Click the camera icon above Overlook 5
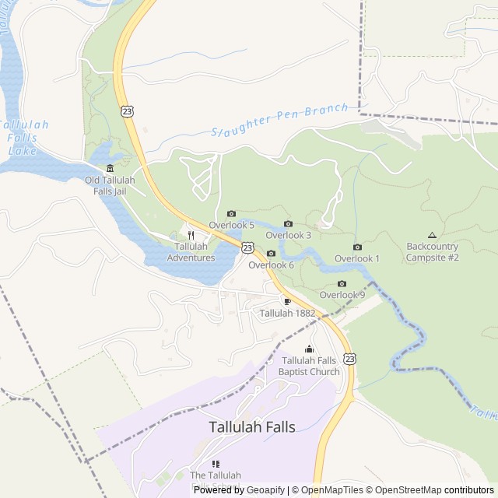click(231, 214)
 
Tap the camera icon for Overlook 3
click(288, 224)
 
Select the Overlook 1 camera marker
click(357, 247)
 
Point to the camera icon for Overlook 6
click(271, 254)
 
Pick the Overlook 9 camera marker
click(342, 284)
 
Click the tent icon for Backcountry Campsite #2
click(432, 235)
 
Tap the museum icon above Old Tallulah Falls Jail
click(110, 169)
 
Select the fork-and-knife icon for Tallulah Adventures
click(191, 236)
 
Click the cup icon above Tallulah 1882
click(287, 301)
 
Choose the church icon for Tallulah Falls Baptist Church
click(309, 349)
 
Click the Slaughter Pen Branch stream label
click(279, 120)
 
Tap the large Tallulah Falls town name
click(252, 427)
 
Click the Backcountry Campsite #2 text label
click(433, 252)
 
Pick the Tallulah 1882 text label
click(287, 314)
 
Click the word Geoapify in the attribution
click(265, 490)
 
